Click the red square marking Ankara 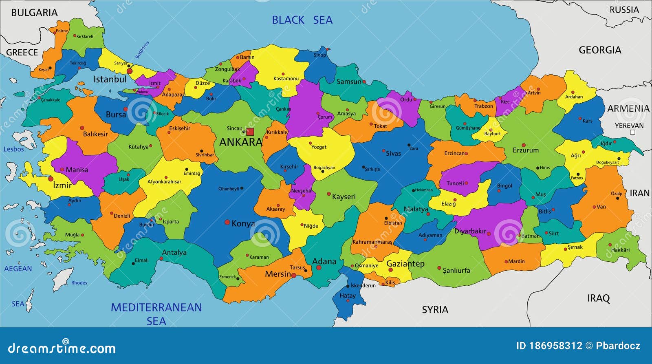click(250, 132)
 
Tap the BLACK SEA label click(302, 20)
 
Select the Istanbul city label click(110, 79)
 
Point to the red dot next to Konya click(227, 222)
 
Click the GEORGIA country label click(600, 50)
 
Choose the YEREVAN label click(629, 126)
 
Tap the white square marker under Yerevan click(632, 132)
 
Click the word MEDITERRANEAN click(156, 307)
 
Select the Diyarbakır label click(470, 231)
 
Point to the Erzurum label click(525, 150)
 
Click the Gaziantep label click(405, 264)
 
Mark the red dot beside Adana click(319, 268)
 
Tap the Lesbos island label click(14, 149)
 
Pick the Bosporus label click(142, 50)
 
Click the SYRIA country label click(435, 310)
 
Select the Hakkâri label click(620, 250)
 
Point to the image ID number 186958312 click(555, 346)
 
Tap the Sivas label click(393, 154)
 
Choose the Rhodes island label click(79, 283)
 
